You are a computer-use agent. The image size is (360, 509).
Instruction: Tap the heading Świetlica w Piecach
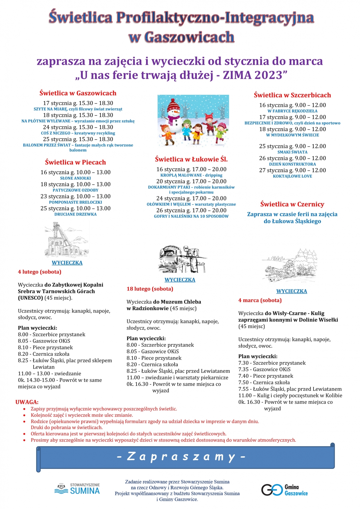pos(75,162)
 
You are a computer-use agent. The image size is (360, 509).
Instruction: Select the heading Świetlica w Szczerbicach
pos(292,95)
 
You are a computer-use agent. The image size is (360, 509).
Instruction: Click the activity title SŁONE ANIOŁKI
pos(75,178)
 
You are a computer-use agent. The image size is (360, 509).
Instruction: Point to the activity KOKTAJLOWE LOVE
pos(292,176)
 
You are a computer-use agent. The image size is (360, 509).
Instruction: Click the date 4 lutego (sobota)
pos(40,272)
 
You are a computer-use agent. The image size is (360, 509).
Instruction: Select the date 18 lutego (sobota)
pos(150,289)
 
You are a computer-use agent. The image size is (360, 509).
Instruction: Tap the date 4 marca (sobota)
pos(260,300)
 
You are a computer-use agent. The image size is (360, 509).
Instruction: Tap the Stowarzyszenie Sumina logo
pos(77,489)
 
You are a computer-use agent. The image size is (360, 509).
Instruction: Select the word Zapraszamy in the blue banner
pos(181,457)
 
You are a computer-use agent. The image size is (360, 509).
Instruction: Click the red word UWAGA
pos(27,402)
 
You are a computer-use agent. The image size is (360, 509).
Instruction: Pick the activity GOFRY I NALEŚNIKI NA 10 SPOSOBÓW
pos(191,216)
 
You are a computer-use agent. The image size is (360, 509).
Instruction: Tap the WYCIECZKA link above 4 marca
pos(291,291)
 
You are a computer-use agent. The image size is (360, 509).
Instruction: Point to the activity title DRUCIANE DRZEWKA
pos(75,214)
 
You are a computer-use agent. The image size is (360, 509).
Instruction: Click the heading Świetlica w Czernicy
pos(292,204)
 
